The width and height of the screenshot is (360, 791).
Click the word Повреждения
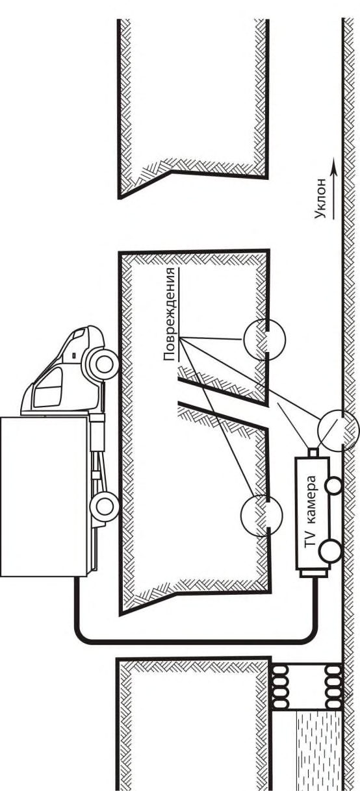pyautogui.click(x=170, y=314)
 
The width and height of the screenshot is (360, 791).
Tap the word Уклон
pyautogui.click(x=324, y=199)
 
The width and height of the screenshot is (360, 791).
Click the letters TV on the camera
pyautogui.click(x=311, y=538)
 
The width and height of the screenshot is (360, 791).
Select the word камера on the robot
pyautogui.click(x=311, y=499)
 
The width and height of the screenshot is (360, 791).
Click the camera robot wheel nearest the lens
pyautogui.click(x=332, y=485)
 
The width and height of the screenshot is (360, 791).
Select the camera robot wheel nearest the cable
pyautogui.click(x=330, y=550)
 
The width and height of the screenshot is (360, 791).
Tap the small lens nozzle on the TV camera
pyautogui.click(x=313, y=453)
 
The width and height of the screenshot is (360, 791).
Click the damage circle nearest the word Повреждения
pyautogui.click(x=264, y=339)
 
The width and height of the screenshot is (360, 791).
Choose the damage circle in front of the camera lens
pyautogui.click(x=339, y=431)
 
